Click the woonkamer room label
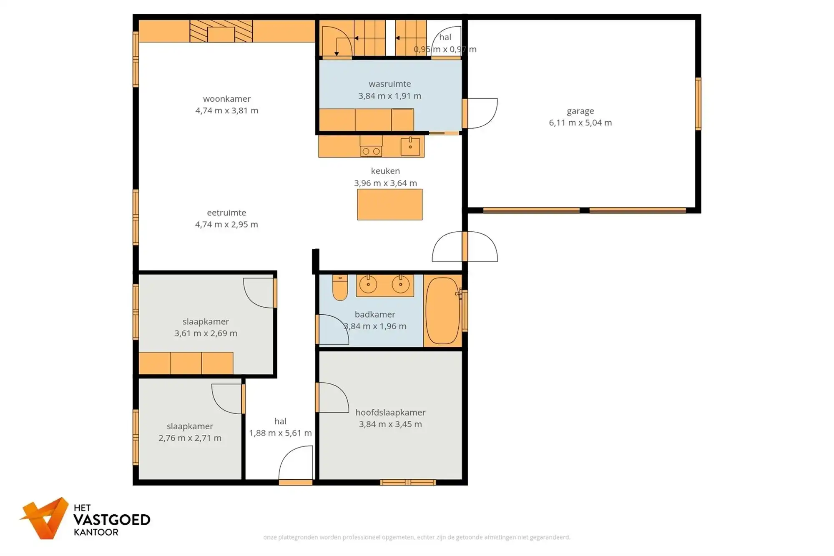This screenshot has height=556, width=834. pos(226,99)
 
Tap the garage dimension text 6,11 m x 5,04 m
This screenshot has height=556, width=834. pos(580,123)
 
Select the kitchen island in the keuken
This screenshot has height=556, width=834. pos(389,204)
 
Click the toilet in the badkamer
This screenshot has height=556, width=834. pos(340,287)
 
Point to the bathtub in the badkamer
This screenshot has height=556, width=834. pos(442,311)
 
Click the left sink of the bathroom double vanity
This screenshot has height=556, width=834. pos(368,284)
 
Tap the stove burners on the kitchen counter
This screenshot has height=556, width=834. pos(371,151)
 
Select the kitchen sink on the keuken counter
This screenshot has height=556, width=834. pos(410,147)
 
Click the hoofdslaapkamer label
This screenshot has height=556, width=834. pos(390,412)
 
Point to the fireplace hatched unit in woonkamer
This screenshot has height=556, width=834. pos(221,31)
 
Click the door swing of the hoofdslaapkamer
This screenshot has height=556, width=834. pos(332,398)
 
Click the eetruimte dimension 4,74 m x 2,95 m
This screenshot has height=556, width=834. pos(226,224)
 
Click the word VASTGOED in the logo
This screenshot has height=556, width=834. pos(112,520)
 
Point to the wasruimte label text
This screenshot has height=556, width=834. pos(389,84)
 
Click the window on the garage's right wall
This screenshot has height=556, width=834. pos(698,103)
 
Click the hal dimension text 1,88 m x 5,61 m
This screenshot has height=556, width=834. pos(280,433)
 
